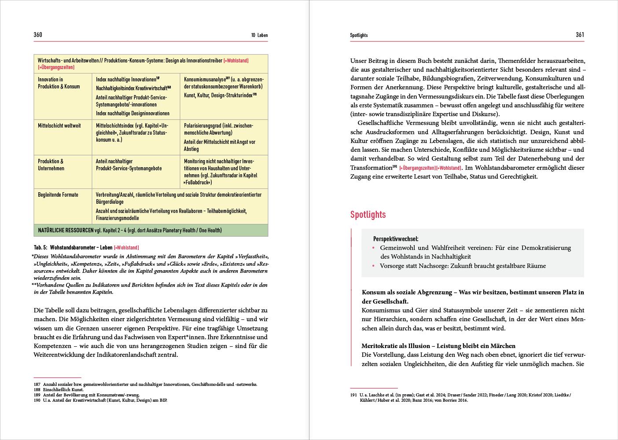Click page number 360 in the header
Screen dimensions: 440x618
point(38,35)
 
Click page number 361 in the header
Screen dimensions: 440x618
point(580,35)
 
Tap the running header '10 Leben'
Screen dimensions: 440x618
point(259,35)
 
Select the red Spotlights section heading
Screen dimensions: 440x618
point(368,215)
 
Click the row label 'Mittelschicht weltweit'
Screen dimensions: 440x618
point(59,126)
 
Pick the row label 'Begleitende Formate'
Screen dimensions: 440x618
point(58,194)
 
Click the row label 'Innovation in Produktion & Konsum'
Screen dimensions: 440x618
point(59,83)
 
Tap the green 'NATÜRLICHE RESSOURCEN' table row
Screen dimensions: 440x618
point(151,230)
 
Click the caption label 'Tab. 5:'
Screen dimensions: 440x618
point(40,248)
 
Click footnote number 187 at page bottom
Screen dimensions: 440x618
point(37,384)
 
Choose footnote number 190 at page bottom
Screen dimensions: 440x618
point(37,400)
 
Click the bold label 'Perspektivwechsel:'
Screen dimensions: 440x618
point(396,238)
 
